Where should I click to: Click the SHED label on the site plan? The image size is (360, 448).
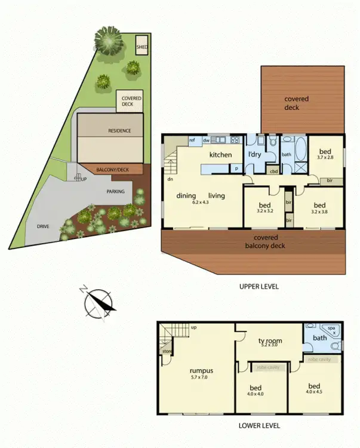tap(142, 46)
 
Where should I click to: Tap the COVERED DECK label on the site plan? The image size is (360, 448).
tap(131, 101)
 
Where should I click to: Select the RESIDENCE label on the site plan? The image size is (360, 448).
tap(119, 131)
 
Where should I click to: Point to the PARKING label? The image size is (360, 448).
tap(115, 192)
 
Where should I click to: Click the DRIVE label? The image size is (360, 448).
tap(42, 226)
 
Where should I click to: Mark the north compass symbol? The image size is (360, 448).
tap(97, 302)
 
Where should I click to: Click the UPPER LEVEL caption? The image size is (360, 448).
tap(259, 287)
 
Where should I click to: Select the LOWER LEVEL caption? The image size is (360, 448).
tap(259, 426)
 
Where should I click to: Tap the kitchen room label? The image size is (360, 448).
tap(220, 155)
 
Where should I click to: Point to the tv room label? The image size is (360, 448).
tap(269, 341)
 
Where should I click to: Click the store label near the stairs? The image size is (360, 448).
tap(167, 351)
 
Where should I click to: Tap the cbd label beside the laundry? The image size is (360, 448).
tap(274, 171)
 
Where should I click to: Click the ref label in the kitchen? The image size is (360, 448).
tap(192, 141)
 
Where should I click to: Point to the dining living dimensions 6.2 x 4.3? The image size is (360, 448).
tap(196, 203)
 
